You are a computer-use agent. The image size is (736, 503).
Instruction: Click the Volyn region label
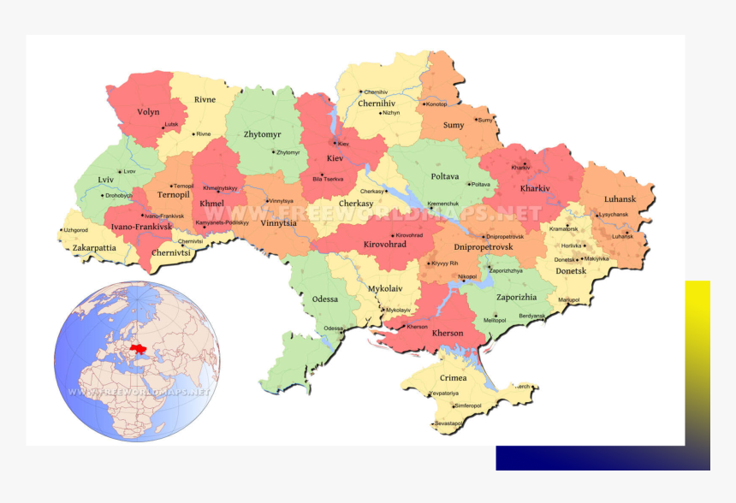click(x=148, y=112)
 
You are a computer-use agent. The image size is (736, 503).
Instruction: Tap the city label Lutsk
click(x=172, y=124)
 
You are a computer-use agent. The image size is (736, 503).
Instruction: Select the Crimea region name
click(x=453, y=377)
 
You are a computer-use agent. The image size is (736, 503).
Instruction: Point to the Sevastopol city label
click(x=449, y=423)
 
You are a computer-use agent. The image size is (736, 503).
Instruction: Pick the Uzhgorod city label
click(x=76, y=230)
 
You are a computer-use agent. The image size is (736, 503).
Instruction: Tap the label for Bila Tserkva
click(x=329, y=179)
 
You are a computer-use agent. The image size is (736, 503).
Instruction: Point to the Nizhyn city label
click(x=391, y=113)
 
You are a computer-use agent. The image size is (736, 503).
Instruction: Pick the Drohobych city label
click(x=119, y=195)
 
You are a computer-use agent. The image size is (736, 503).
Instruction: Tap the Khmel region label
click(x=211, y=204)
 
